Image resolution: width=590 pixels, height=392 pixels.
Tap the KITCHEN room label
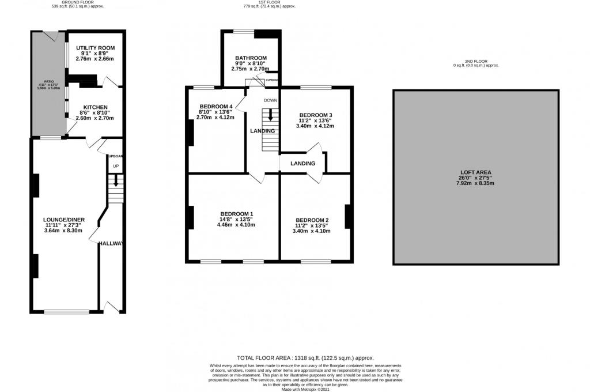[95, 107]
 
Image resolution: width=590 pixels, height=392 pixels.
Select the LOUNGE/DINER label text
[63, 220]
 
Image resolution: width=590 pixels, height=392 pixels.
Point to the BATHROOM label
[251, 58]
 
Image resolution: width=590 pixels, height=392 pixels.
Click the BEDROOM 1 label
[235, 214]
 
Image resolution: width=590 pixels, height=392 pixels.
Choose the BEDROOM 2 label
[312, 220]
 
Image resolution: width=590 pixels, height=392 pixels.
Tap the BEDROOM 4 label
[216, 107]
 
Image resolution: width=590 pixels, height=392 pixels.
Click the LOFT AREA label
[475, 172]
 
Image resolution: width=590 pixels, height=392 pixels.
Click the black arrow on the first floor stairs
[271, 116]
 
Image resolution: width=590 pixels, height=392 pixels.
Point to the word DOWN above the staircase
[271, 100]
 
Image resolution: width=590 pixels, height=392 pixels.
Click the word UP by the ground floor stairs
[115, 167]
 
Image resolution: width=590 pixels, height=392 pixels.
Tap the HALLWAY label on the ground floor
[111, 244]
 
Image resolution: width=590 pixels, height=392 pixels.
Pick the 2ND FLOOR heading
[475, 61]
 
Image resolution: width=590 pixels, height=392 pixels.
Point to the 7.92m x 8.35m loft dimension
[475, 183]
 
